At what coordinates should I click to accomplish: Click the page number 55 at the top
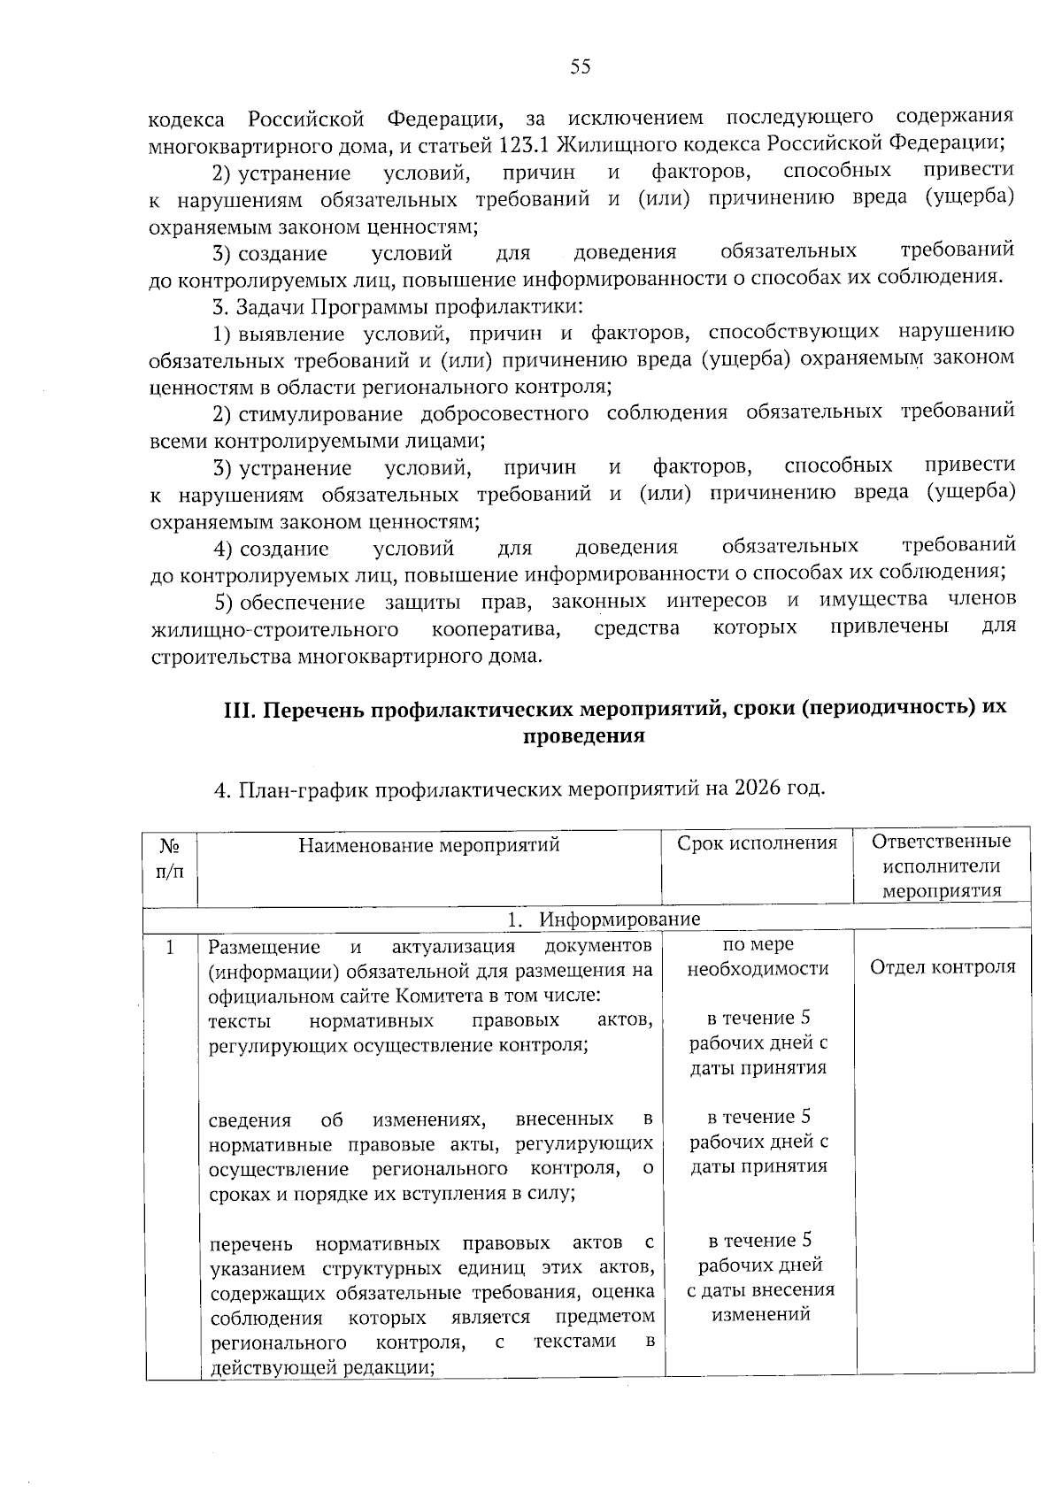coord(580,67)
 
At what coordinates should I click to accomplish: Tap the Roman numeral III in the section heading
coord(237,710)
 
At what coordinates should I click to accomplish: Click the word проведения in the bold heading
coord(583,736)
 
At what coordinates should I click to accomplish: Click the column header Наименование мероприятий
coord(429,844)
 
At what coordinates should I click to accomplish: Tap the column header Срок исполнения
coord(757,842)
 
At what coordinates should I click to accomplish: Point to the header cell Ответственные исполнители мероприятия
coord(941,865)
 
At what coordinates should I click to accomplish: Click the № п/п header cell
coord(170,858)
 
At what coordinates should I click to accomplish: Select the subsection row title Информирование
coord(619,919)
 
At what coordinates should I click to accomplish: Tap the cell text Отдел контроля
coord(943,966)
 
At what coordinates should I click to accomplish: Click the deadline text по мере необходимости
coord(758,957)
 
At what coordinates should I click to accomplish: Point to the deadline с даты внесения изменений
coord(760,1301)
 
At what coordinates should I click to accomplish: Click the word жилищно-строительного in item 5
coord(273,629)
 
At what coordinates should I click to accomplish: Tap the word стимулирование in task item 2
coord(320,413)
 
